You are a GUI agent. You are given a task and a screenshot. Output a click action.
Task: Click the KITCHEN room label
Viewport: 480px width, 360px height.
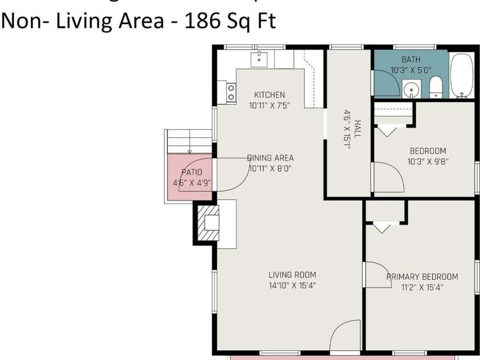pos(269,95)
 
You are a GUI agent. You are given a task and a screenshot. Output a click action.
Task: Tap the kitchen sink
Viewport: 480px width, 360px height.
pos(260,59)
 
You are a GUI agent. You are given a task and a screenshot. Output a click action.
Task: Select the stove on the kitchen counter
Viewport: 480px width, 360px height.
pos(231,93)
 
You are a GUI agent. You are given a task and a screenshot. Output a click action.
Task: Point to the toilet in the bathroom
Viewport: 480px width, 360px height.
pos(436,88)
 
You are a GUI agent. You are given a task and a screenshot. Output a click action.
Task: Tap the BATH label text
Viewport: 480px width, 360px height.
pos(411,59)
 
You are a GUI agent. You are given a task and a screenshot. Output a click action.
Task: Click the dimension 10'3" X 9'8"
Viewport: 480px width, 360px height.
pos(428,162)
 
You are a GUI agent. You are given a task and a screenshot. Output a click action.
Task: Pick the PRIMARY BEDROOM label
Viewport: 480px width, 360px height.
pos(422,277)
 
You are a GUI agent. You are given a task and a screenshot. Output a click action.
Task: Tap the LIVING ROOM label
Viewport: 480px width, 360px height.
pos(292,275)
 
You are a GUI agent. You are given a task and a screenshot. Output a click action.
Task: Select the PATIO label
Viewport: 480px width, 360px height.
pos(191,172)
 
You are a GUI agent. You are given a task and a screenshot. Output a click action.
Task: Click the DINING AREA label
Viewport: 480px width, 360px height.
pos(270,158)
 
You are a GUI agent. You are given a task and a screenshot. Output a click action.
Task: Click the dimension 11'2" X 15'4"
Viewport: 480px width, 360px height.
pos(422,288)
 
